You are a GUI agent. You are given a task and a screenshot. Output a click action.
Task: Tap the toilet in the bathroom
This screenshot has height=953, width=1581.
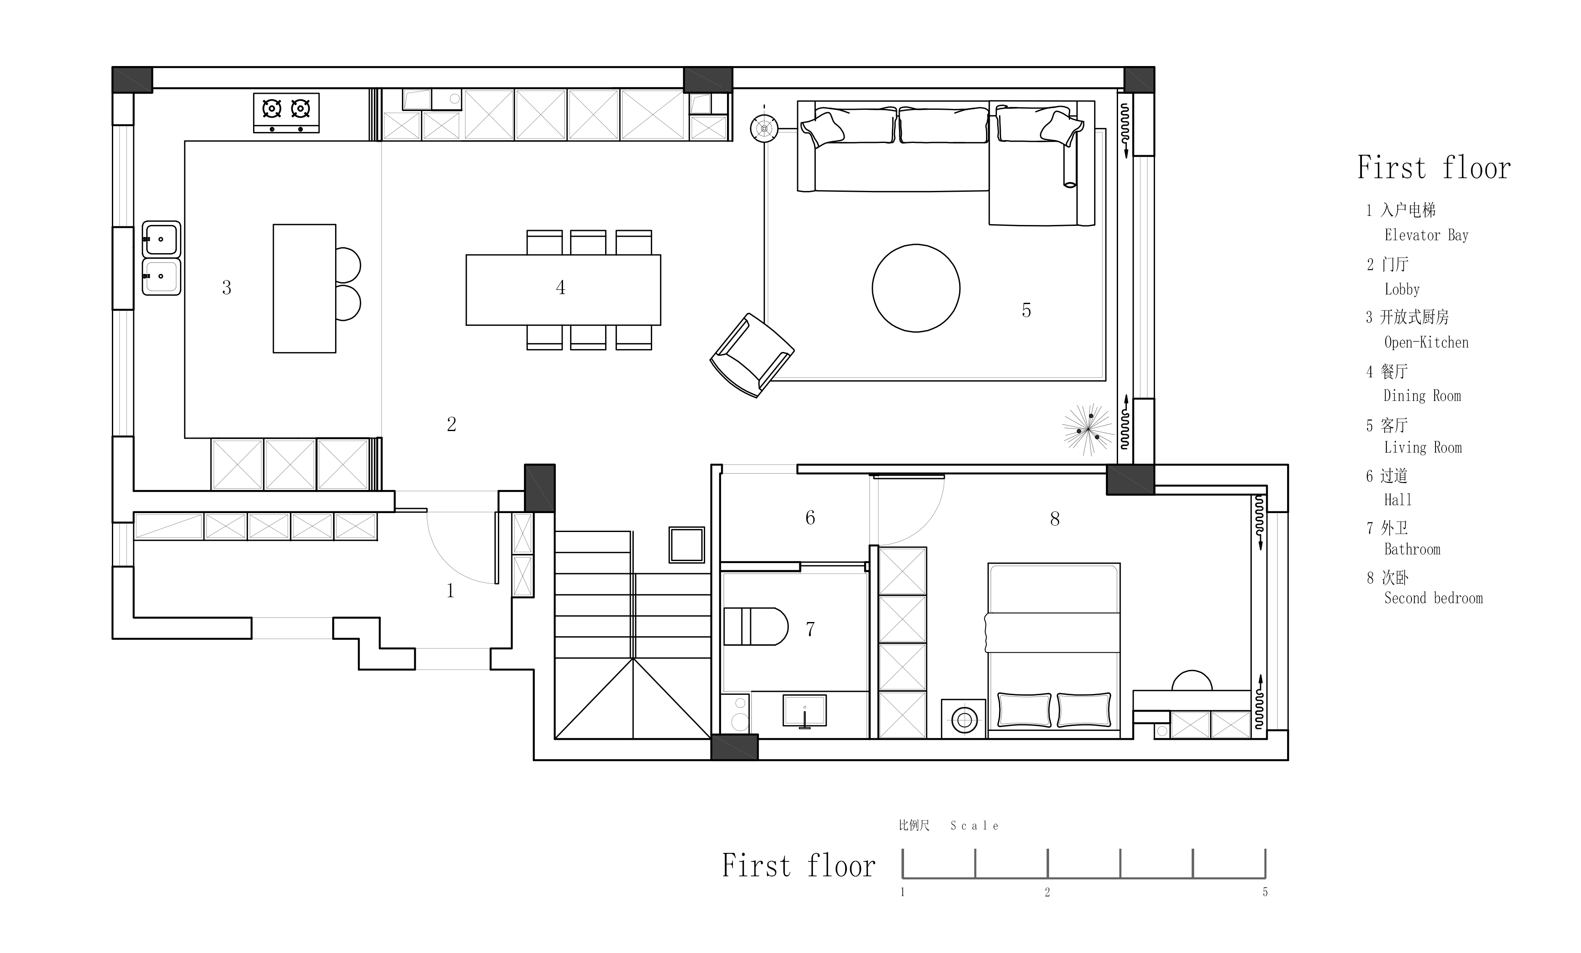pos(755,626)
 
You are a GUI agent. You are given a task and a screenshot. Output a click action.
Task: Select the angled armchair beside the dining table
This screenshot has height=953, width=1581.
pos(752,355)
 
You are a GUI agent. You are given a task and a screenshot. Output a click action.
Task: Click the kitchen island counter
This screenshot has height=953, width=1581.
pos(304,288)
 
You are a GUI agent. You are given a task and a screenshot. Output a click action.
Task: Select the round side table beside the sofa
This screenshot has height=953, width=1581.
pos(764,128)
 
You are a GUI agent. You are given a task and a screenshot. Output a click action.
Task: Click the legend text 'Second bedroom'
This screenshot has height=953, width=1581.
pos(1433,598)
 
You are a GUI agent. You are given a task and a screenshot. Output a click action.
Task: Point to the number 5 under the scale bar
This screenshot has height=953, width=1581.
pos(1265,892)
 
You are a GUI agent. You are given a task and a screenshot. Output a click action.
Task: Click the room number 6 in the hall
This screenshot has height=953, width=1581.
pos(810,518)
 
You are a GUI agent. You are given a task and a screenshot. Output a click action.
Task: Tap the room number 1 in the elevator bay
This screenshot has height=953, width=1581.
pos(450,590)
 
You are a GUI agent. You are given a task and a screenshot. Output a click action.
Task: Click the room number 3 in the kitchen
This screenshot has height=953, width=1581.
pos(227,288)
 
